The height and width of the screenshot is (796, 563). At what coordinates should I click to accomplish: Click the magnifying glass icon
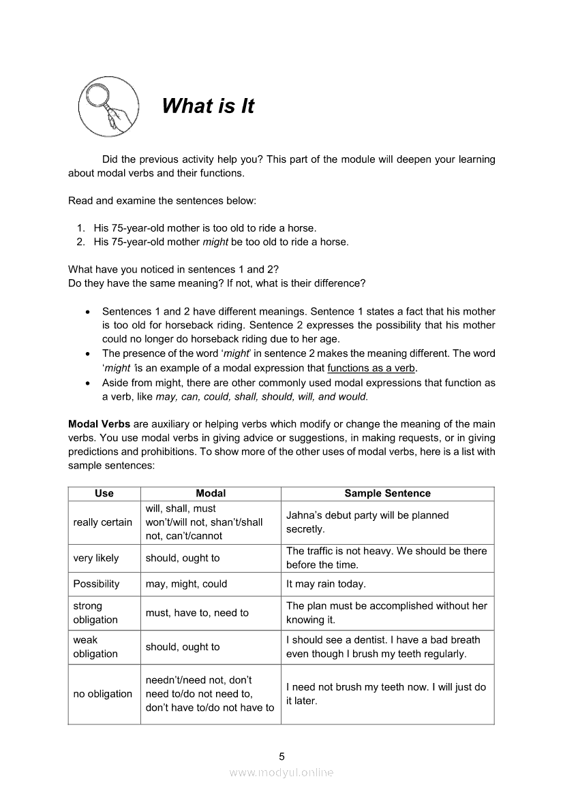(x=108, y=106)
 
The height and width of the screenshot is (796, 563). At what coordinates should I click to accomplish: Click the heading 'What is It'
(x=208, y=106)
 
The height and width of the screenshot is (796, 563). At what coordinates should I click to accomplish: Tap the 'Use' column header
(x=104, y=494)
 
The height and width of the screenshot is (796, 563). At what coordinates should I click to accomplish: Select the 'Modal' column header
(x=211, y=494)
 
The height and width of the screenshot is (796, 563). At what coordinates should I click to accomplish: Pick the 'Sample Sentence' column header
(x=387, y=494)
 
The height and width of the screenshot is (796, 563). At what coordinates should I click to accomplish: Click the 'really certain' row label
(x=103, y=522)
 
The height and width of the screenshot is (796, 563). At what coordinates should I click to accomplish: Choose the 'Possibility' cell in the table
(x=96, y=584)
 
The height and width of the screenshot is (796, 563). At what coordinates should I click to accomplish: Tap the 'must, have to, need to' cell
(x=197, y=613)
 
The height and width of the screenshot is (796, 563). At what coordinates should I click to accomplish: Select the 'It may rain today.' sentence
(x=326, y=584)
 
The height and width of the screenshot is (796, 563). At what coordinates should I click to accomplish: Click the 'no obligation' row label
(x=103, y=694)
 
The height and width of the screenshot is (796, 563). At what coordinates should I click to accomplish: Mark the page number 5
(x=281, y=757)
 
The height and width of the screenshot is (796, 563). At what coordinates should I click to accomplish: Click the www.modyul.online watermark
(x=281, y=773)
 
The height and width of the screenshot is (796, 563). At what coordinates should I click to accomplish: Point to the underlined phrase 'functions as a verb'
(x=371, y=368)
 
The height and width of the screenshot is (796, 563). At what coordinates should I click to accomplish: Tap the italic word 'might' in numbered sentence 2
(x=215, y=242)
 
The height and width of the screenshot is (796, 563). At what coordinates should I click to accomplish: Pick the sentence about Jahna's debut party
(x=367, y=522)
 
